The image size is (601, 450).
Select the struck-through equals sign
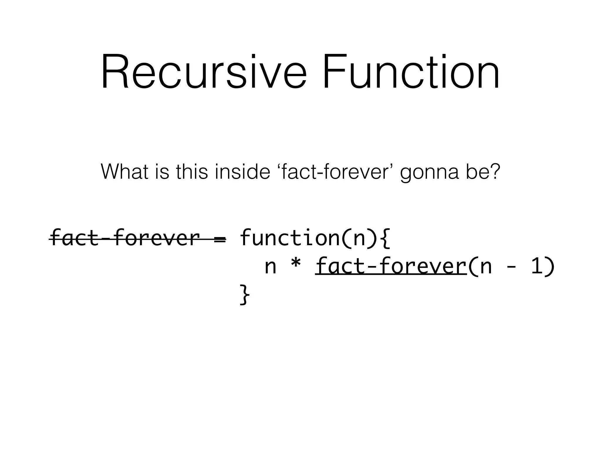tap(220, 239)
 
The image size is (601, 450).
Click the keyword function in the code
tap(289, 238)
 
